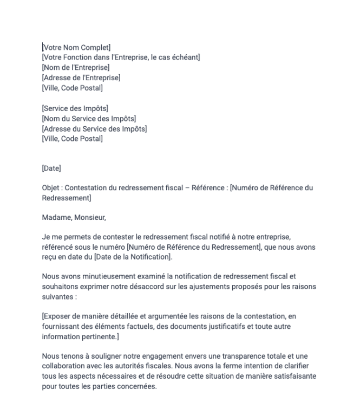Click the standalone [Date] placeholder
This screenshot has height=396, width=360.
click(51, 168)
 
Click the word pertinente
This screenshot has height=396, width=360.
click(100, 336)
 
